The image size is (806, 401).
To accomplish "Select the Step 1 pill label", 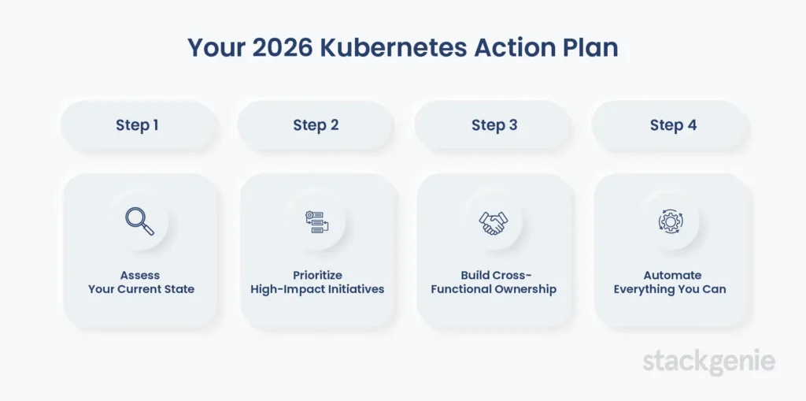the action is coord(137,125).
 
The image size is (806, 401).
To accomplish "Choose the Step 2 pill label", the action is coord(316,125).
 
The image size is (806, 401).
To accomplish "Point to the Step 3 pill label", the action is coord(494,125).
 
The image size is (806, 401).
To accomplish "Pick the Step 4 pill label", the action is coord(673,125).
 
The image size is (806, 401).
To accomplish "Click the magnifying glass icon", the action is coord(140,221).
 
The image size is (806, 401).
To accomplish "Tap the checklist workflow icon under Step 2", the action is coord(316,222).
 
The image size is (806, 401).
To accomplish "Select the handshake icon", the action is coord(494,223).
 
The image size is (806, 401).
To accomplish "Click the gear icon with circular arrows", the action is coord(671,221).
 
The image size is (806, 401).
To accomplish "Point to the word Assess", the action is coord(140,275).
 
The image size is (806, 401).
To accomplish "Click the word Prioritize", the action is coord(317,275).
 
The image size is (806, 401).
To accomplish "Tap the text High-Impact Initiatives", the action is coord(317,289).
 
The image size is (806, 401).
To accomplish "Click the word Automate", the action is coord(672,275).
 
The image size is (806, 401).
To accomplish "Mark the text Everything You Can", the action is coord(670,289).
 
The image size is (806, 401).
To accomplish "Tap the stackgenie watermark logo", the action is coord(709,362).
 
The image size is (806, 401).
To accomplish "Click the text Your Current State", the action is coord(141,289).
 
